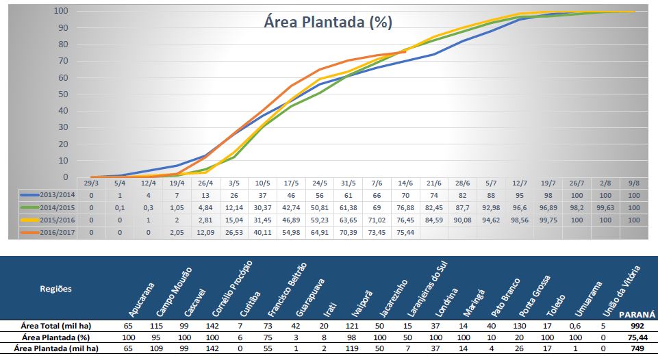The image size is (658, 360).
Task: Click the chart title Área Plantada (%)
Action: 328,22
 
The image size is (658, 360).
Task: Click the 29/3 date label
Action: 91,183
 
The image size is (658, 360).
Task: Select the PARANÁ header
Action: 637,314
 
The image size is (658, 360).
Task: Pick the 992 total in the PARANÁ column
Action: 637,326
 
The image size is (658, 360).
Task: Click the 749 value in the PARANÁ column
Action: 637,348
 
